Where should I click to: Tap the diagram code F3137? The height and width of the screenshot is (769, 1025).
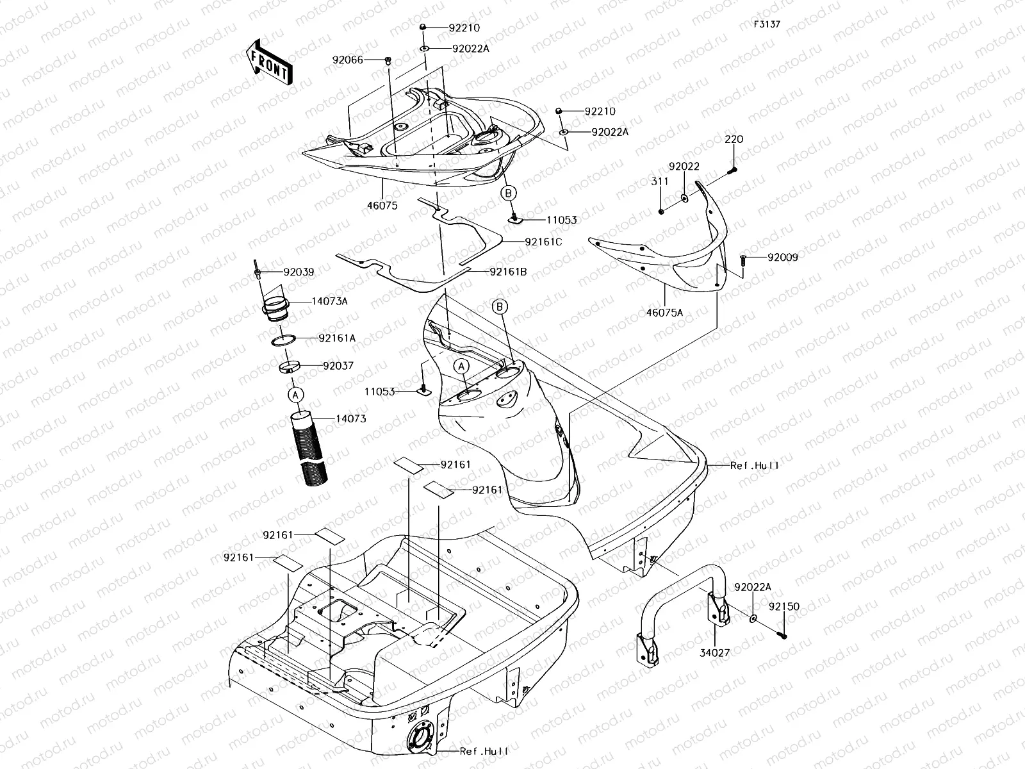point(767,24)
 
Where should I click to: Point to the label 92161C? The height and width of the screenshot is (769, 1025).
point(543,242)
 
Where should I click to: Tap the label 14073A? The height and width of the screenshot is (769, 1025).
point(330,301)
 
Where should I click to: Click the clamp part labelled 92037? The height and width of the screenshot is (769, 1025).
point(289,368)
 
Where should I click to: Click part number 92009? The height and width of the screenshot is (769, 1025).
point(783,258)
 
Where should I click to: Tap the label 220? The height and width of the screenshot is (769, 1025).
point(734,139)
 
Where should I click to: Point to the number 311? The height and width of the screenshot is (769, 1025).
point(660,181)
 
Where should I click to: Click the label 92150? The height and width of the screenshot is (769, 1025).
point(784,606)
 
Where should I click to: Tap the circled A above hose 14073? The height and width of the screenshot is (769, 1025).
point(295,395)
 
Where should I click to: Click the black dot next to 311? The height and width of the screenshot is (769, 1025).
point(660,211)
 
